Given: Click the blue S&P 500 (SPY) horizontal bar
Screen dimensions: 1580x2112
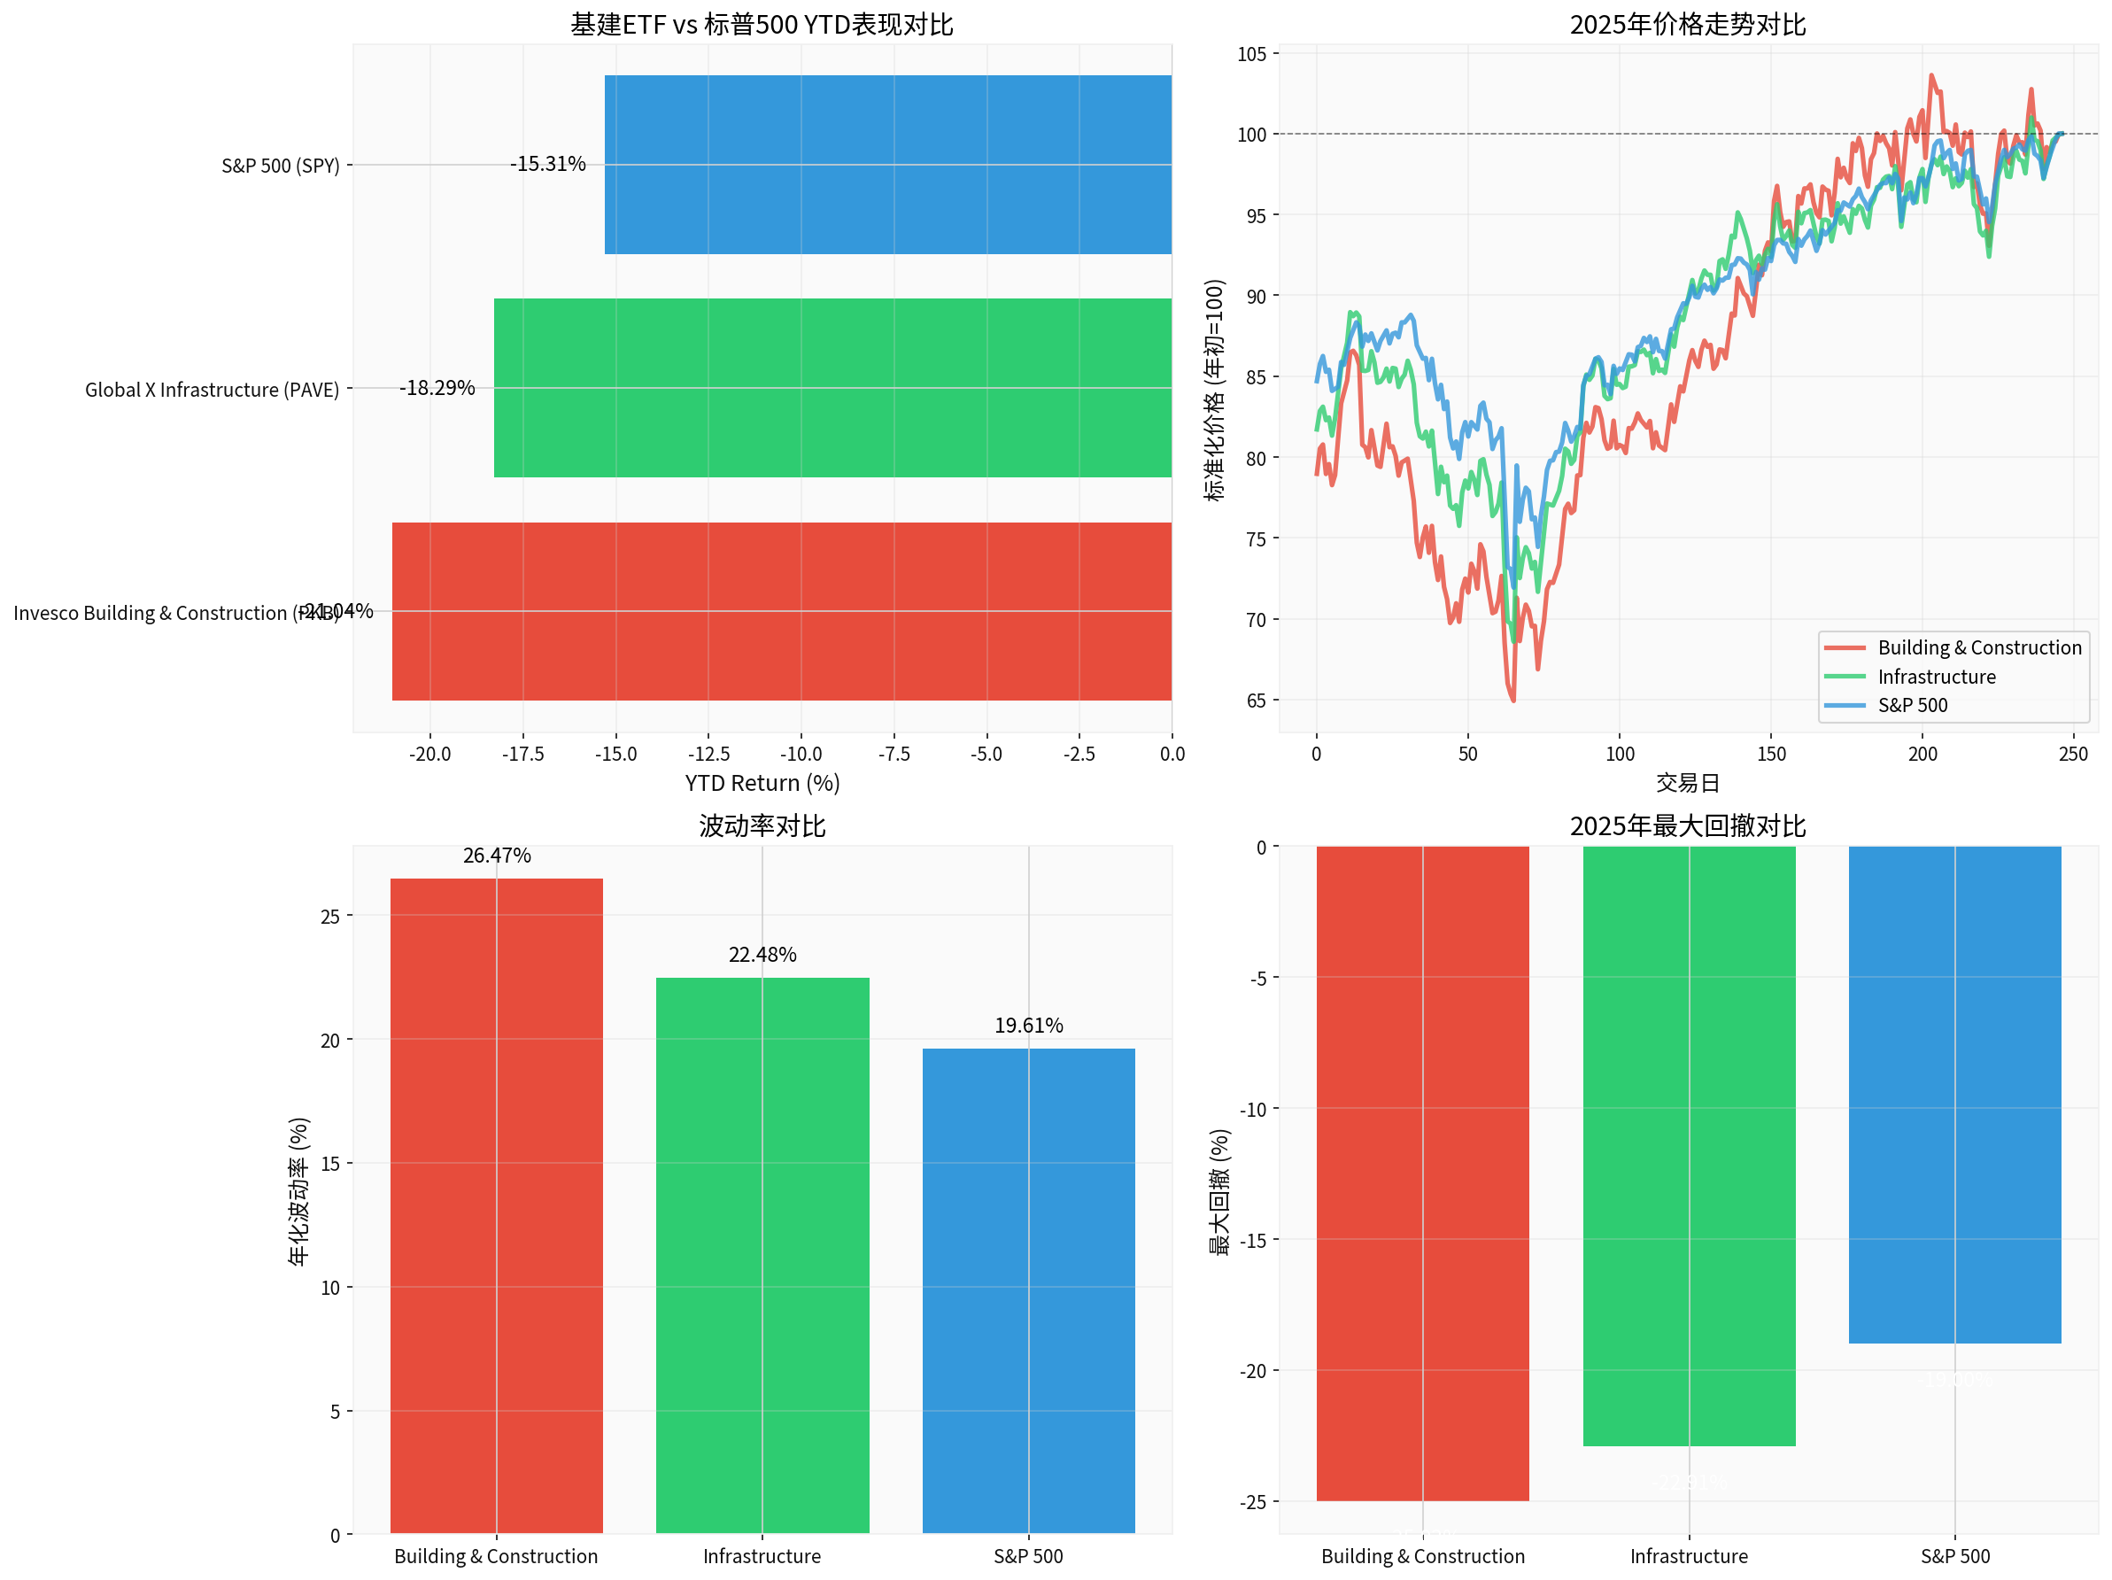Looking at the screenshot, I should tap(888, 164).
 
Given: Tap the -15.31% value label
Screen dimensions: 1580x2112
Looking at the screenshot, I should tap(547, 164).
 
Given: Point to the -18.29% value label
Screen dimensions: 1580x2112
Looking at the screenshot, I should tap(437, 388).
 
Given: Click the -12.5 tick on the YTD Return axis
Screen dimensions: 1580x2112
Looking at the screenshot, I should tap(708, 755).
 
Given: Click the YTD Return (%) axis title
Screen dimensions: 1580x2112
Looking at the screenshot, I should tap(762, 784).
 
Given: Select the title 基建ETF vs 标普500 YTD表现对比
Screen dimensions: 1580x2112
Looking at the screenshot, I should tap(762, 25).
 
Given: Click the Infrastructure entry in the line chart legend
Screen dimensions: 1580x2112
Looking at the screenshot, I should tap(1936, 677).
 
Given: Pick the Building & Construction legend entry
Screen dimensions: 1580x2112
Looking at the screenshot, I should tap(1978, 647).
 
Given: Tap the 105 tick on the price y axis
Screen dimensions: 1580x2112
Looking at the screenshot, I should tap(1252, 54).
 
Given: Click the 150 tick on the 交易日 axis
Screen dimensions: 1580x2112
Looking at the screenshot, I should tap(1771, 755).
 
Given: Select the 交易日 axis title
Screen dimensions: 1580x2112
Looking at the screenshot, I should tap(1687, 784).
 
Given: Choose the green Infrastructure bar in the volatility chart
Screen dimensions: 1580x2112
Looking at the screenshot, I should tap(762, 1255).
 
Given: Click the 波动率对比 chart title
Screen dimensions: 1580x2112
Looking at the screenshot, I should tap(762, 825).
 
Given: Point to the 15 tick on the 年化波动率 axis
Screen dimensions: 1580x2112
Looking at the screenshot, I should tap(330, 1164).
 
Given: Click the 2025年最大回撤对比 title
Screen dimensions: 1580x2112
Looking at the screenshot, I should tap(1687, 825).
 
